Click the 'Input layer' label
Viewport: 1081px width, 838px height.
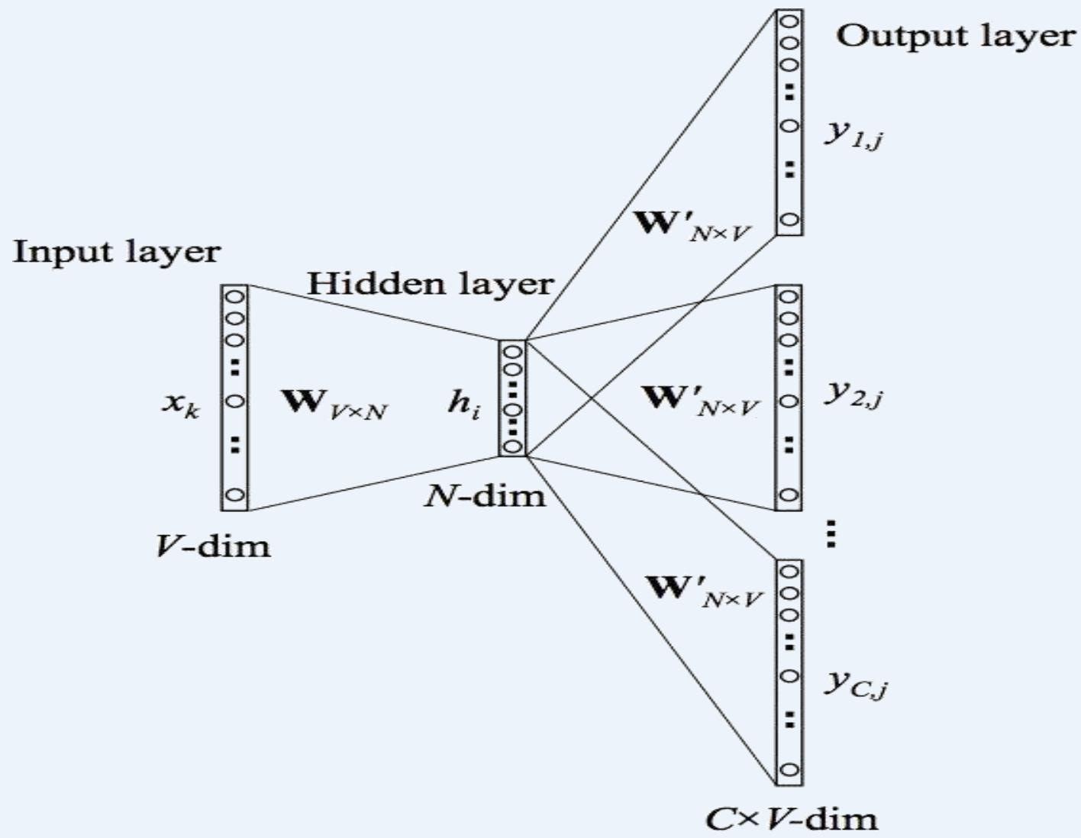click(x=117, y=252)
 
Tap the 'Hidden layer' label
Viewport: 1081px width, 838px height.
click(x=430, y=284)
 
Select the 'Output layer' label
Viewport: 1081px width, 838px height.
click(x=956, y=36)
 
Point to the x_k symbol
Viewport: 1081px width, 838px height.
click(x=181, y=404)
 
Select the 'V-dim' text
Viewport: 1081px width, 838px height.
click(x=213, y=545)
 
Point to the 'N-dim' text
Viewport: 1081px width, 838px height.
click(x=486, y=496)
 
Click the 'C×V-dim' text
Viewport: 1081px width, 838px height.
click(x=791, y=819)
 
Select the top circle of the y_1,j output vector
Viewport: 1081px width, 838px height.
click(x=789, y=21)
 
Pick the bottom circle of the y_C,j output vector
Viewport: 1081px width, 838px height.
click(x=789, y=769)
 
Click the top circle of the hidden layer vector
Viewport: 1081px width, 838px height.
click(x=513, y=352)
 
